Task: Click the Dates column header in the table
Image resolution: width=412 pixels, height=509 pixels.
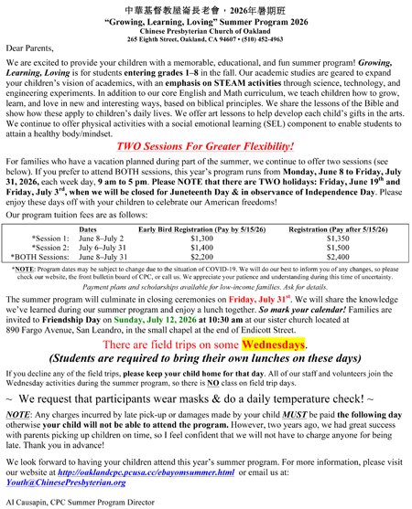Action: click(88, 229)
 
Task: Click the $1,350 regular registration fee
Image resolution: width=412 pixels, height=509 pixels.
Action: click(331, 239)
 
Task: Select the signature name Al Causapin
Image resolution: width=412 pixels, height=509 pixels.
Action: click(27, 503)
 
